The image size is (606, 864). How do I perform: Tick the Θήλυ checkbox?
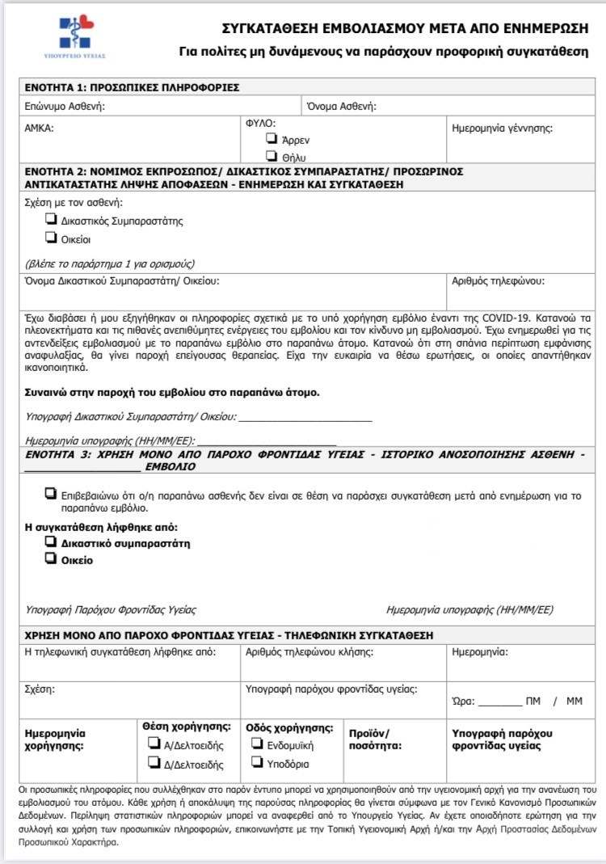(x=272, y=156)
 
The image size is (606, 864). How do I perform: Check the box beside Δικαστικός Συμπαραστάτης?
(x=51, y=220)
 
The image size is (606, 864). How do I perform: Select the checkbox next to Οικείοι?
(x=51, y=238)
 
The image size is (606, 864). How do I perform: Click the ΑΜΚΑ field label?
(x=40, y=127)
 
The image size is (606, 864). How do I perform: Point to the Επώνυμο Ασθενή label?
(x=65, y=106)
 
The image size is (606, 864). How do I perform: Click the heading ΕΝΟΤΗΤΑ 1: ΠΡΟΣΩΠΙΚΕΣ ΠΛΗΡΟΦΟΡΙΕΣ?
(x=132, y=87)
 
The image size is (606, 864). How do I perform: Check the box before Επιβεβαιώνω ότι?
(x=51, y=493)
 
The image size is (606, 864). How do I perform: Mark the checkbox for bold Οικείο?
(x=51, y=558)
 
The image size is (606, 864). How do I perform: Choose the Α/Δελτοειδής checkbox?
(x=153, y=744)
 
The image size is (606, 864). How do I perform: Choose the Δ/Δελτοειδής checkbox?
(x=153, y=763)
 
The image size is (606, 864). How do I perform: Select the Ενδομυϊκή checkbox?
(x=257, y=744)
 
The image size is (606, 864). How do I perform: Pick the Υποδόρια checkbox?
(x=257, y=763)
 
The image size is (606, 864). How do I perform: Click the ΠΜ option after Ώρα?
(x=532, y=701)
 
